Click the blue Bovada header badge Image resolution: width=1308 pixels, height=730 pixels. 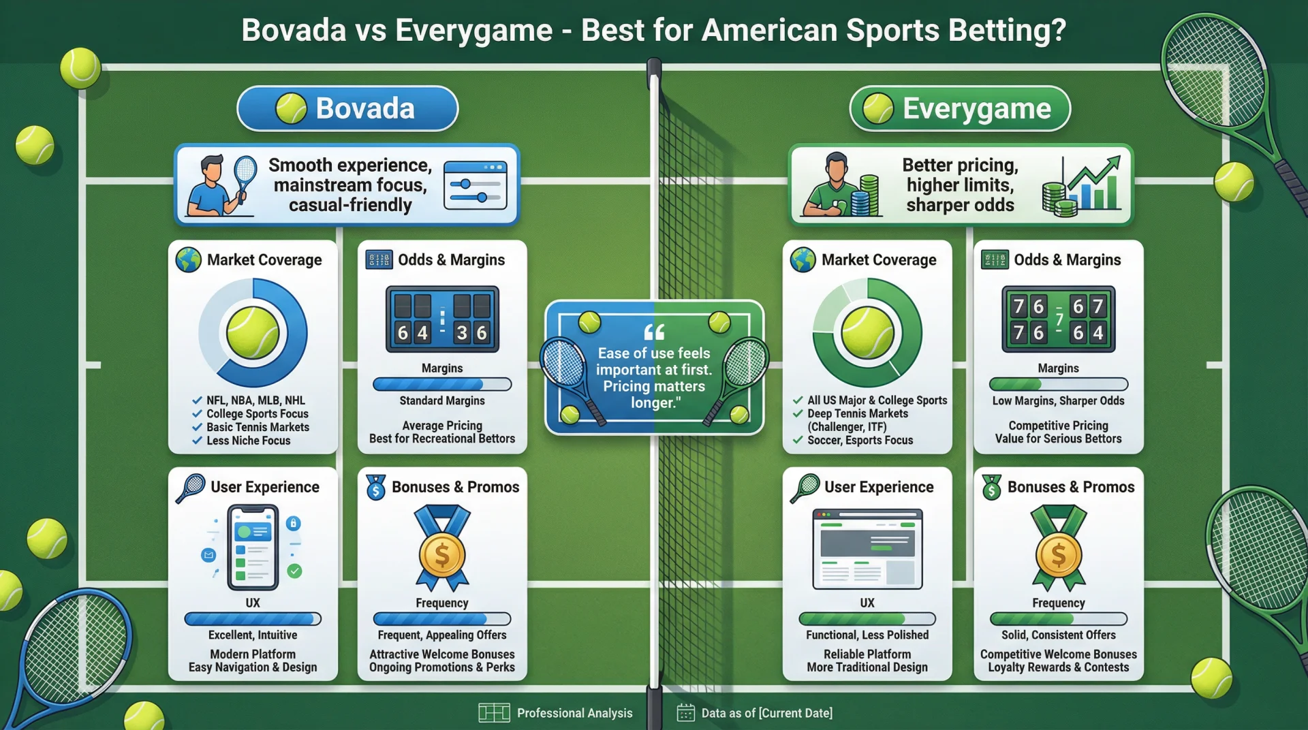coord(347,108)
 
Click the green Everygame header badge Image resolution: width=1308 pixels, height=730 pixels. coord(959,108)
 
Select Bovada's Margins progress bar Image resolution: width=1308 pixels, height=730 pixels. coord(442,384)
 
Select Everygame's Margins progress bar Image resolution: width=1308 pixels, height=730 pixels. coord(1058,384)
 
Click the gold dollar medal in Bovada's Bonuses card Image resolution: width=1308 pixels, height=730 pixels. coord(442,554)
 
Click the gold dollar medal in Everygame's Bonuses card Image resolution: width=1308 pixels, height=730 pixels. coord(1058,554)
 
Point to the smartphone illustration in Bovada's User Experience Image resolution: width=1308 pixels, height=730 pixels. coord(253,547)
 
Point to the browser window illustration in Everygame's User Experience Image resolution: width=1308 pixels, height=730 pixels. coord(867,549)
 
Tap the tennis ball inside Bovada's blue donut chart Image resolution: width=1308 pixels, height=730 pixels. coord(253,333)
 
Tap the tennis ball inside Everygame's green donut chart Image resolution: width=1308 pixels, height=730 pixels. coord(867,333)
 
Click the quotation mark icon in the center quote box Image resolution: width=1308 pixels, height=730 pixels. coord(654,332)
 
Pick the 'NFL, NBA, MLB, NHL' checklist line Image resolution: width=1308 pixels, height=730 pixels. coord(255,400)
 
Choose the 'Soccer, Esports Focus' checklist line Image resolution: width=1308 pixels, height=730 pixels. coord(860,441)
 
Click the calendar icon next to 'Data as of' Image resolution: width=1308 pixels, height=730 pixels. coord(685,712)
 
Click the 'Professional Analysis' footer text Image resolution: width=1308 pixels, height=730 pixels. coord(574,713)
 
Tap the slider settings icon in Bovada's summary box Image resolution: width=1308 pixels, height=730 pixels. coord(475,185)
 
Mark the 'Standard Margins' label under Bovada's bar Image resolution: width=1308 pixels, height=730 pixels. coord(442,401)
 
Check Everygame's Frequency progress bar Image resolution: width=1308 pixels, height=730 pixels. coord(1058,619)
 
